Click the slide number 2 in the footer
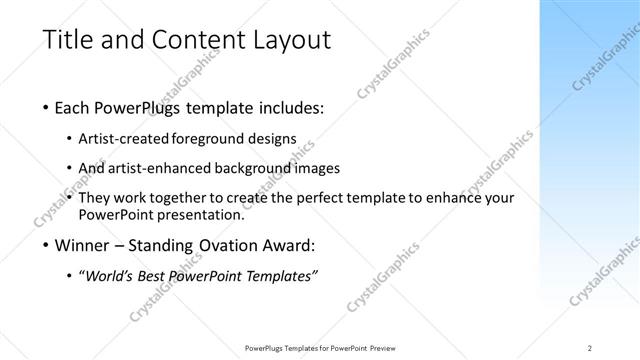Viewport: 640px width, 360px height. coord(590,347)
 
